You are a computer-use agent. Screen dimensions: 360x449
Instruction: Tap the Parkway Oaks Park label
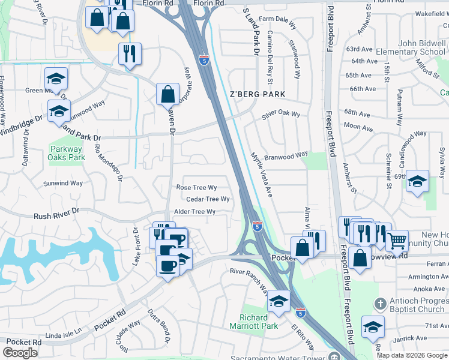[x=67, y=154]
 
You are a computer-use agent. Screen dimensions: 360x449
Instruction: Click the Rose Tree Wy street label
[x=196, y=188]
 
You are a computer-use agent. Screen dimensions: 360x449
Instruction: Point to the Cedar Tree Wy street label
[x=208, y=199]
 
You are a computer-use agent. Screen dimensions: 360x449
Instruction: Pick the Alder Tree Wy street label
[x=194, y=212]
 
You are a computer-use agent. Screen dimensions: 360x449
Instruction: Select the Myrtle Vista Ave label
[x=261, y=175]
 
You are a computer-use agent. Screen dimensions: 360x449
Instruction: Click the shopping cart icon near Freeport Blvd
[x=397, y=241]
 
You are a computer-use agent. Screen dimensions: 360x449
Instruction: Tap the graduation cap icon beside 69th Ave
[x=418, y=182]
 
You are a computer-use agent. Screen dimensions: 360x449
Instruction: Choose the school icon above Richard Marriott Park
[x=279, y=301]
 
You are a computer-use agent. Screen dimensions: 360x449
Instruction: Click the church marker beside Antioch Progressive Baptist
[x=379, y=304]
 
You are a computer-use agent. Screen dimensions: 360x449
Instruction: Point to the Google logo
[x=20, y=353]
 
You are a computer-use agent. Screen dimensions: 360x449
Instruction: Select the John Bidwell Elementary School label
[x=413, y=47]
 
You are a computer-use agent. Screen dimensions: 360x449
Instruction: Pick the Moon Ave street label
[x=358, y=127]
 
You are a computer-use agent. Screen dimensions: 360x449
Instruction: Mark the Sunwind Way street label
[x=63, y=183]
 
